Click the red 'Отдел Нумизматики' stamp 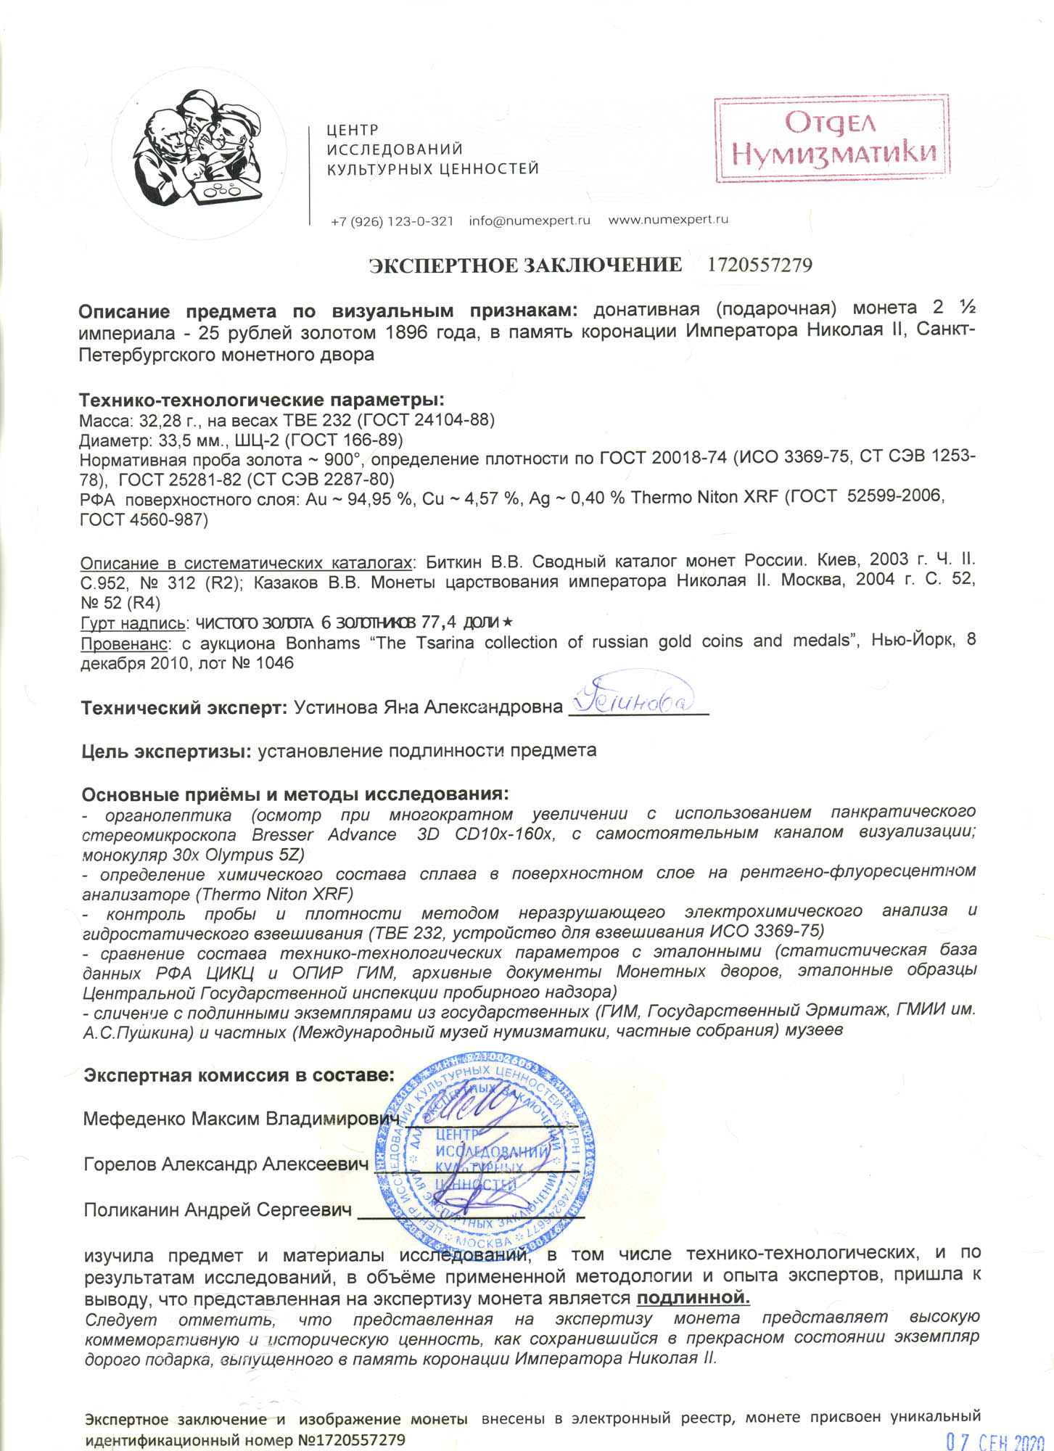coord(832,139)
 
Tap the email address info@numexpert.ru coord(529,221)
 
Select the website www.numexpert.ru coord(667,220)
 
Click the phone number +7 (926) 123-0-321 coord(392,221)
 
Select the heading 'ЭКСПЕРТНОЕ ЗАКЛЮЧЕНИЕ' coord(525,266)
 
